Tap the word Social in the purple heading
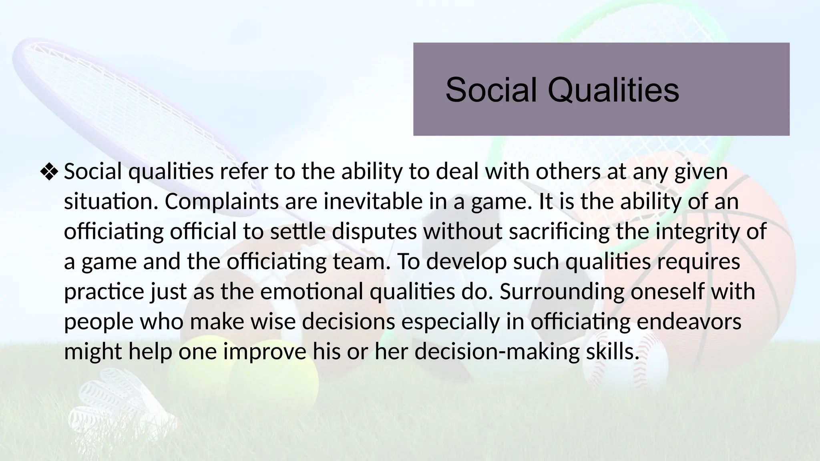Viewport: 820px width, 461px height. click(491, 90)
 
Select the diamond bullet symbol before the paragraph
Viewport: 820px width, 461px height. click(49, 172)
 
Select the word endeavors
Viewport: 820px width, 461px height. click(689, 321)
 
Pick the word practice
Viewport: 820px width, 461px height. click(104, 291)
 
